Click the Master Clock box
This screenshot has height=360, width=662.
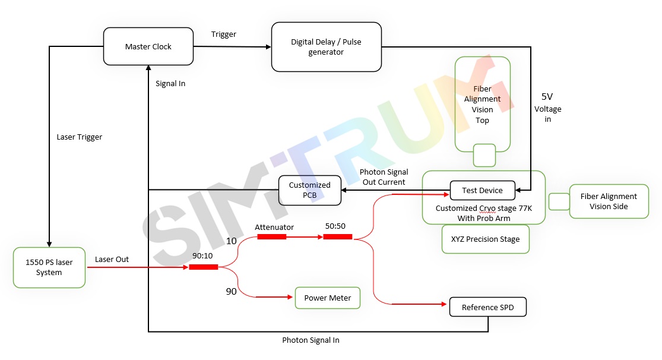coord(148,46)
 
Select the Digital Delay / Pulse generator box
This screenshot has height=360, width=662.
coord(326,47)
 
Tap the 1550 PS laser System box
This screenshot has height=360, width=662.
coord(49,267)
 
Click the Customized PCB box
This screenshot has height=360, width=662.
coord(309,190)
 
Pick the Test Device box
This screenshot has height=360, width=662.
coord(482,190)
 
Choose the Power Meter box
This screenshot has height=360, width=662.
coord(328,298)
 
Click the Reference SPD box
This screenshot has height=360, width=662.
coord(488,307)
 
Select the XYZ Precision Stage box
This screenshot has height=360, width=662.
coord(485,239)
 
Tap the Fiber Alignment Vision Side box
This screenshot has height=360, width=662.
coord(609,201)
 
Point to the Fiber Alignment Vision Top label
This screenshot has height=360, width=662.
coord(482,105)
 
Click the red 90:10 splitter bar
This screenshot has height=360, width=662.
coord(204,267)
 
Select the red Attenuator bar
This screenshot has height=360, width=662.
coord(272,236)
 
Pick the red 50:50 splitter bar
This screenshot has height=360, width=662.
coord(338,236)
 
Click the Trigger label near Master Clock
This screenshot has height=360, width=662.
coord(224,34)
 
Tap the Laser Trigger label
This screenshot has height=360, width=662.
coord(80,137)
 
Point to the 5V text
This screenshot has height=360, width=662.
coord(547,96)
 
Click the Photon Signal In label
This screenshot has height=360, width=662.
coord(311,340)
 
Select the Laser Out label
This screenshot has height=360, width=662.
coord(112,260)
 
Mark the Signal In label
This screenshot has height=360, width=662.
coord(170,84)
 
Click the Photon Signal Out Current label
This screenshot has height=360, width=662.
coord(384,177)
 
